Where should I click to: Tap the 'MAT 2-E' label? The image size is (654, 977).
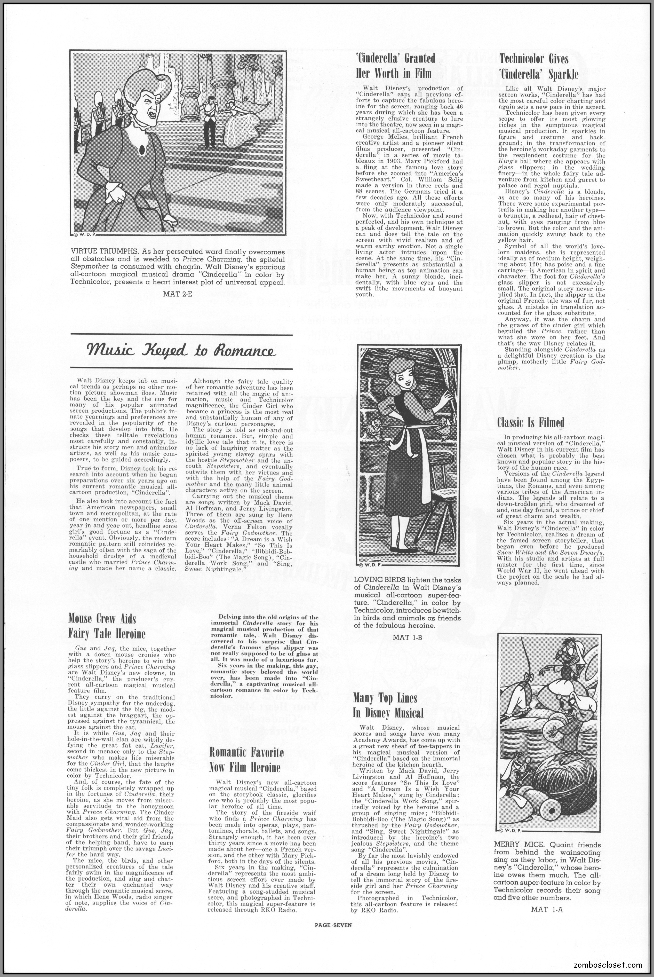[178, 293]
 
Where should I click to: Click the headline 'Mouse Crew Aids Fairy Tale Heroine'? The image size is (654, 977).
[107, 626]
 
